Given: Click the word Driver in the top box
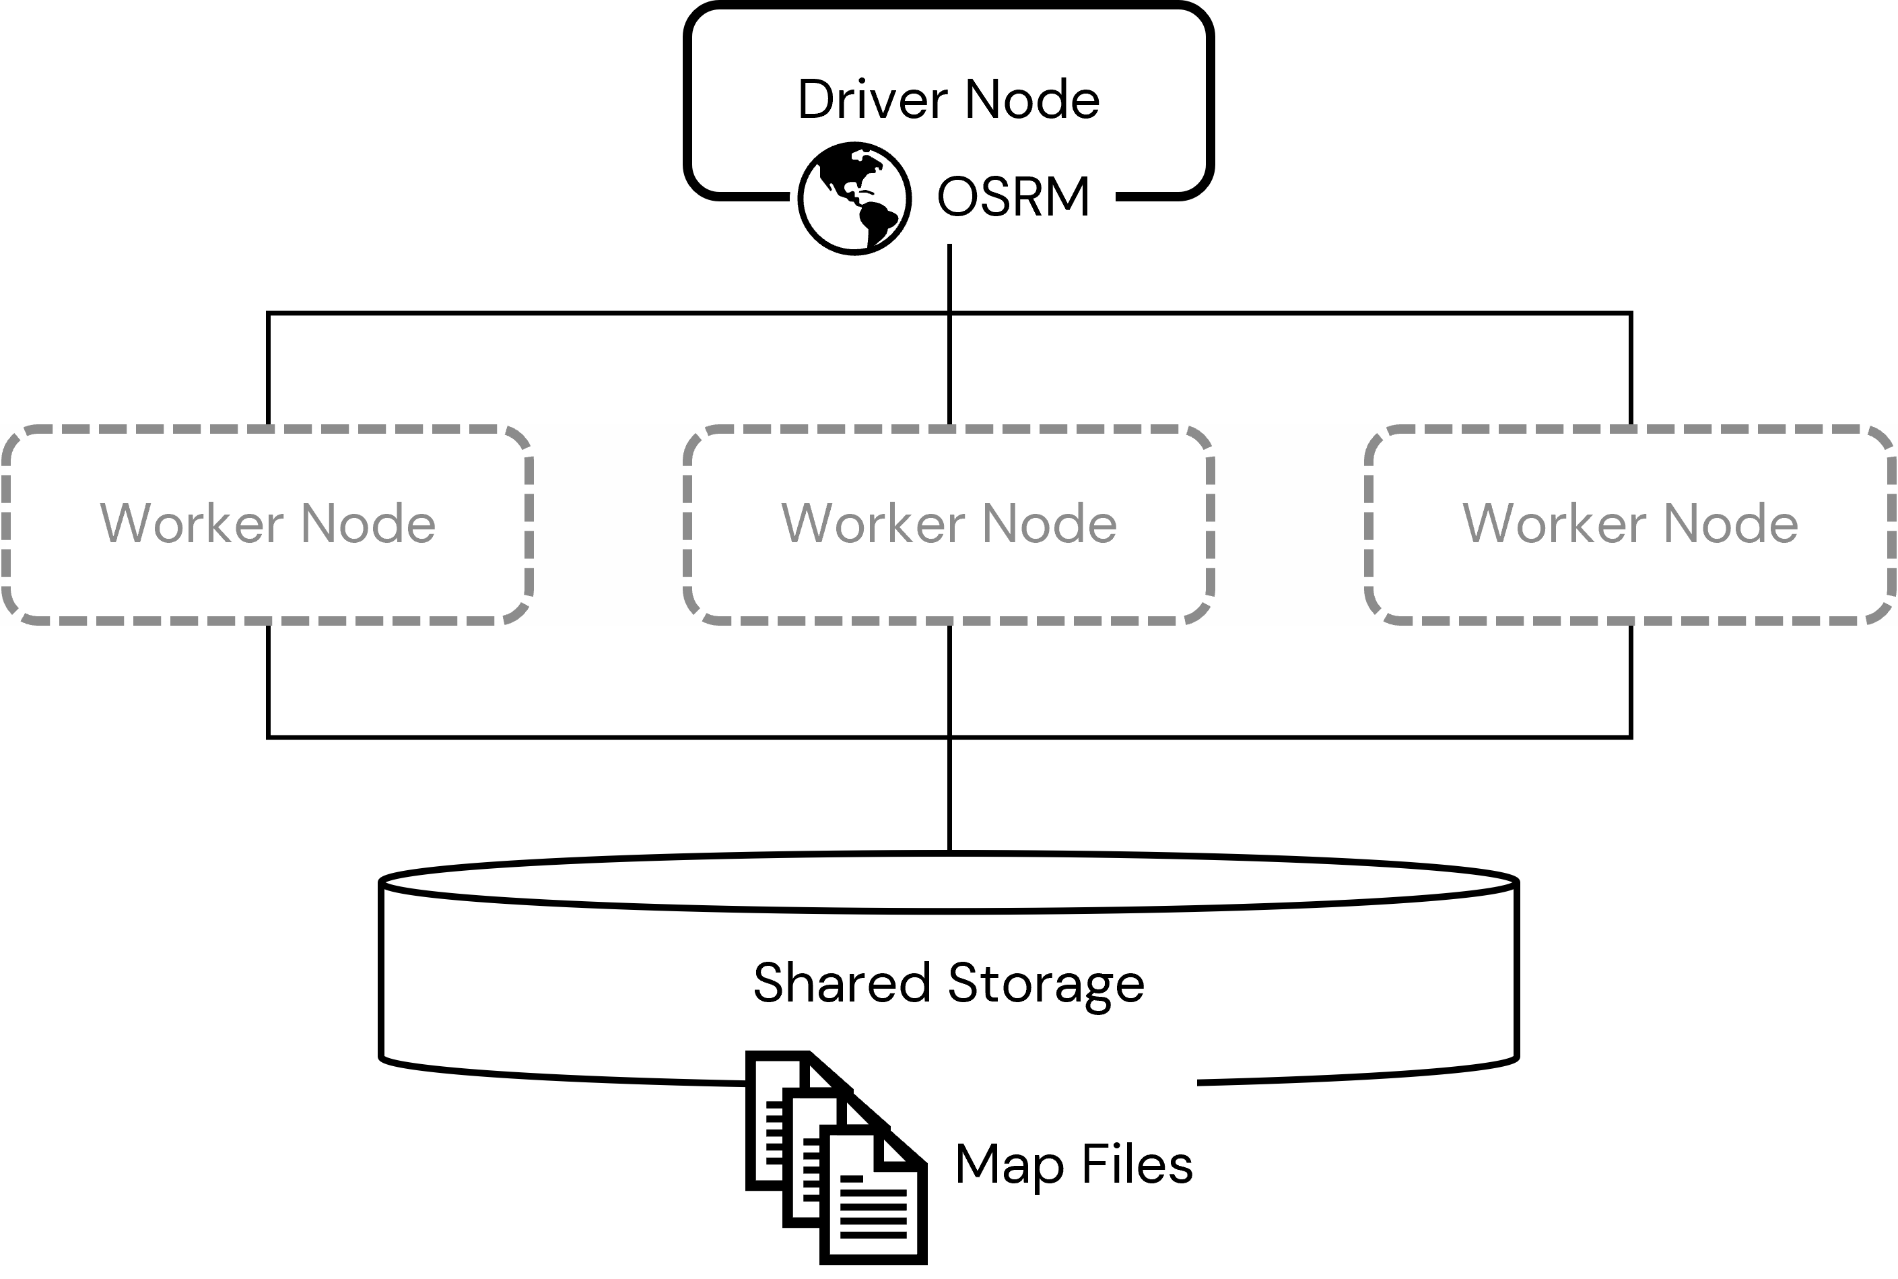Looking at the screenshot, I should tap(873, 100).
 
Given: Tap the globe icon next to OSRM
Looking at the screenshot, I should tap(854, 198).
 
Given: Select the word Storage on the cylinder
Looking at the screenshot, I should tap(1046, 982).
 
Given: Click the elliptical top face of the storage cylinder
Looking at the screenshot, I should tap(948, 882).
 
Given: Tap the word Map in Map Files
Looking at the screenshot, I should tap(1009, 1164).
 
